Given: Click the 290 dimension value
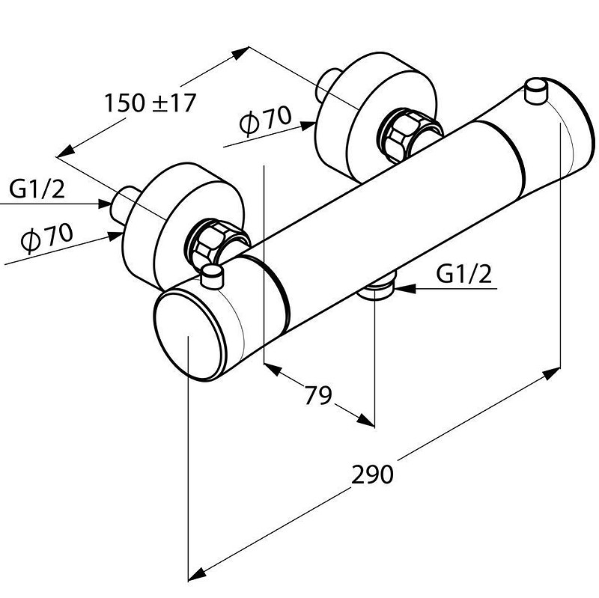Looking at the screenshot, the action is (372, 475).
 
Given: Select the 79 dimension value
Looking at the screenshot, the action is (317, 395).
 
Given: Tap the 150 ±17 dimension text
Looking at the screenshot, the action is (150, 103).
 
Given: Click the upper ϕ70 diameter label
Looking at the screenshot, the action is (265, 120).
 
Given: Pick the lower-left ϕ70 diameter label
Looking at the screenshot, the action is (46, 237).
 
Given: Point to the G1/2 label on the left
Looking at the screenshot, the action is (37, 189).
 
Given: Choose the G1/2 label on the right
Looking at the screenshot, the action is (463, 274).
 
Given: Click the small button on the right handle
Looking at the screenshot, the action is (536, 91).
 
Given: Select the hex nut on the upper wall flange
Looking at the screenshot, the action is (402, 135).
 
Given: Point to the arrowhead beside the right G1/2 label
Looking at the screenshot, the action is (404, 288).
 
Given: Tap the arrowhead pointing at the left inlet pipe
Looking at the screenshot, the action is (105, 204).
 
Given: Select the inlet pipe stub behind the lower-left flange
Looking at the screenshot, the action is (124, 203).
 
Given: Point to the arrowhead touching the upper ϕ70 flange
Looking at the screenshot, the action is (308, 126).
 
